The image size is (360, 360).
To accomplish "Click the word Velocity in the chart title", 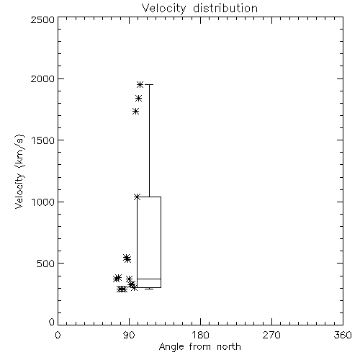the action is pyautogui.click(x=163, y=9).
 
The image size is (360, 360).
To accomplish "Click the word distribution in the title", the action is pyautogui.click(x=225, y=8).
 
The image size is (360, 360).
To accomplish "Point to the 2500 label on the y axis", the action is pyautogui.click(x=42, y=19).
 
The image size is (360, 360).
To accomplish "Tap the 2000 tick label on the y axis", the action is pyautogui.click(x=42, y=78).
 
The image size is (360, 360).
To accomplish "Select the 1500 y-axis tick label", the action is pyautogui.click(x=43, y=140).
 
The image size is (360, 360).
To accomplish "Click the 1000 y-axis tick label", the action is pyautogui.click(x=43, y=202).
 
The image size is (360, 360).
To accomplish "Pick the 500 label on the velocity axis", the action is pyautogui.click(x=46, y=264).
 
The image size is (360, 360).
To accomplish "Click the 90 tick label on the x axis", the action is pyautogui.click(x=129, y=335).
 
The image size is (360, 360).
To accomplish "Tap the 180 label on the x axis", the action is pyautogui.click(x=200, y=335).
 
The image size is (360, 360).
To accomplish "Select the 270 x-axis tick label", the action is pyautogui.click(x=271, y=335).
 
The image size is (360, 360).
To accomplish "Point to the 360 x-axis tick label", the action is pyautogui.click(x=343, y=335).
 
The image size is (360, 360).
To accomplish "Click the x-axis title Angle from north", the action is pyautogui.click(x=200, y=347).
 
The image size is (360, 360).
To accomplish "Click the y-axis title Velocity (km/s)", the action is pyautogui.click(x=19, y=171).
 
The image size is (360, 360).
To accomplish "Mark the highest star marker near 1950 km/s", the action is pyautogui.click(x=140, y=84).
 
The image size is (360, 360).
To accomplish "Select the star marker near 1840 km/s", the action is pyautogui.click(x=138, y=98).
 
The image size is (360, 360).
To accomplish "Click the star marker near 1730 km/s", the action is pyautogui.click(x=136, y=111).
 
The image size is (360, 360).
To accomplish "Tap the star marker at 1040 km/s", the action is pyautogui.click(x=137, y=197).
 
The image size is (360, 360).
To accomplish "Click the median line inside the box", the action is pyautogui.click(x=149, y=279).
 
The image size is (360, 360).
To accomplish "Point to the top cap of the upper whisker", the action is pyautogui.click(x=149, y=84).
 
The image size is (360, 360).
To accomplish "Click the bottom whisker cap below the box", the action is pyautogui.click(x=149, y=289).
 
